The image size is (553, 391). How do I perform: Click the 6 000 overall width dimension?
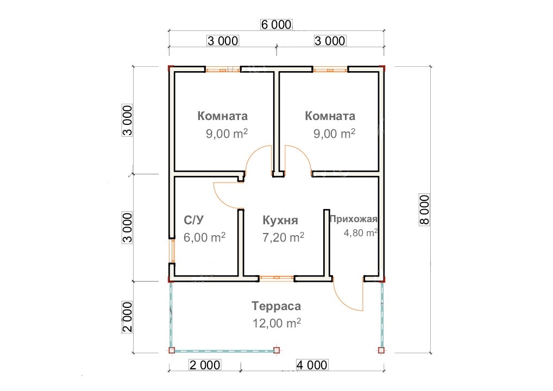276,24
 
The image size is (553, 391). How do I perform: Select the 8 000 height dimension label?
424,210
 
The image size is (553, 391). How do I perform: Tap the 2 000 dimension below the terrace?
205,365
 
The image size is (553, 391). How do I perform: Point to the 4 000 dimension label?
312,365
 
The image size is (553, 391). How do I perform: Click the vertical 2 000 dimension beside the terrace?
127,317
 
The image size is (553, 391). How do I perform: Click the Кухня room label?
280,220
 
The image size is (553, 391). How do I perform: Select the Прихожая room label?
354,219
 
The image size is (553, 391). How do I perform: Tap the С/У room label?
193,220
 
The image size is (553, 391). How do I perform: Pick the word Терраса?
276,306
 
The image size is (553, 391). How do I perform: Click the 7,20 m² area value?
283,237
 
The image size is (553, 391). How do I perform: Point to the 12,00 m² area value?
276,323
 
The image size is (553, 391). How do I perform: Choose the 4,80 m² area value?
361,232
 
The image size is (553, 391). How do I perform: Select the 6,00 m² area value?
205,237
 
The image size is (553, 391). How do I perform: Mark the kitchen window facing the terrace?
276,279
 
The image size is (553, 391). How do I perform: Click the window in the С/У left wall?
172,250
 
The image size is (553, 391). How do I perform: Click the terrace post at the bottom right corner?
381,350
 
